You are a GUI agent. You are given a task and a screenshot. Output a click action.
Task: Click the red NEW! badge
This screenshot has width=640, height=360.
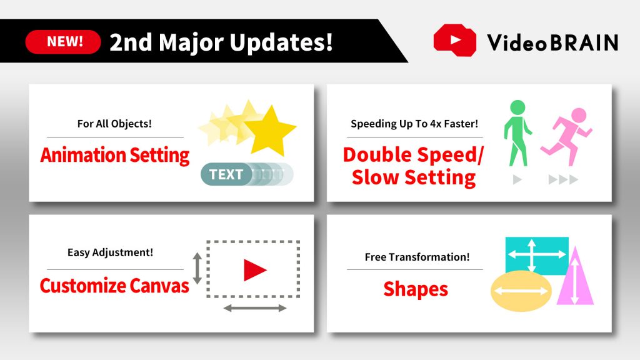pos(63,42)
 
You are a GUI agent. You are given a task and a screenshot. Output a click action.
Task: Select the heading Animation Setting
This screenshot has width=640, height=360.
pos(115,155)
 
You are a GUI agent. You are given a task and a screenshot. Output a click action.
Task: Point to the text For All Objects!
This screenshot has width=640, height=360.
pos(114,123)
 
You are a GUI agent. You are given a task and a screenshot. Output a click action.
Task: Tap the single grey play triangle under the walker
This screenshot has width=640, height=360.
pos(517,180)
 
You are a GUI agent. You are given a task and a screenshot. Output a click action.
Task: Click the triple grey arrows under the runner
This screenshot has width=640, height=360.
pos(563,180)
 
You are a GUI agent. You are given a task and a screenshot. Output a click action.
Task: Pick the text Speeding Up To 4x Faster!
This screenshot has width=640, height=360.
pos(414,123)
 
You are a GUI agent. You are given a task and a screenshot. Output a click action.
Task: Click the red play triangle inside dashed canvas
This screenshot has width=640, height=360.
pos(254,270)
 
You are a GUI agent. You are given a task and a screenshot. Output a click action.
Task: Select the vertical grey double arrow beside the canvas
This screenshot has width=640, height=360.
pos(197,269)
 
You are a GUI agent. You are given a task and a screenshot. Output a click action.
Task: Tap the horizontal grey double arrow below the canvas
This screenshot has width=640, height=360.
pos(255,307)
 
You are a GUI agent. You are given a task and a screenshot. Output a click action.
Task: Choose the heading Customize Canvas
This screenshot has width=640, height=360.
pos(114,286)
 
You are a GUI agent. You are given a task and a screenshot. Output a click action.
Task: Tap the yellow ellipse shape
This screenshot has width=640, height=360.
pos(520,291)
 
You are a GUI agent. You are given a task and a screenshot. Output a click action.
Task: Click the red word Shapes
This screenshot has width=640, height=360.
pos(416,289)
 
